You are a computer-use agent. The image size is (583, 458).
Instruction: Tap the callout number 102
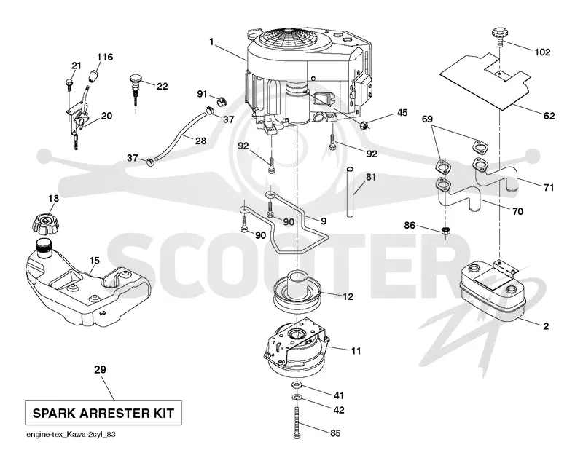click(x=542, y=52)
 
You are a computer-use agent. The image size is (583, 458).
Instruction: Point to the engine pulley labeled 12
click(x=297, y=292)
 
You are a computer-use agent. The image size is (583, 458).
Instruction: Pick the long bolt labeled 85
click(x=297, y=423)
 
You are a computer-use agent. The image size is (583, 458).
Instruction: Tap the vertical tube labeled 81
click(x=351, y=192)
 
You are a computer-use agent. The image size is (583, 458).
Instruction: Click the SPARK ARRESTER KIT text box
click(x=103, y=413)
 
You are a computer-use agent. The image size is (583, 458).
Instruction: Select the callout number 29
click(x=100, y=370)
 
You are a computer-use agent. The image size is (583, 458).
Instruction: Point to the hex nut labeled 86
click(x=445, y=230)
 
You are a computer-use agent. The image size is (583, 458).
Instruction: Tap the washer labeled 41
click(x=297, y=383)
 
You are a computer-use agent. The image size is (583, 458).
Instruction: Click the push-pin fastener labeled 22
click(x=136, y=89)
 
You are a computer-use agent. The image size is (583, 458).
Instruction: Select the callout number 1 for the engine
click(x=211, y=42)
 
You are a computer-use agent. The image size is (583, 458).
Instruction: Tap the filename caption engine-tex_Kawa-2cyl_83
click(x=71, y=434)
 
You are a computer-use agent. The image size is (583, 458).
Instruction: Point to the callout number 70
click(x=517, y=211)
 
